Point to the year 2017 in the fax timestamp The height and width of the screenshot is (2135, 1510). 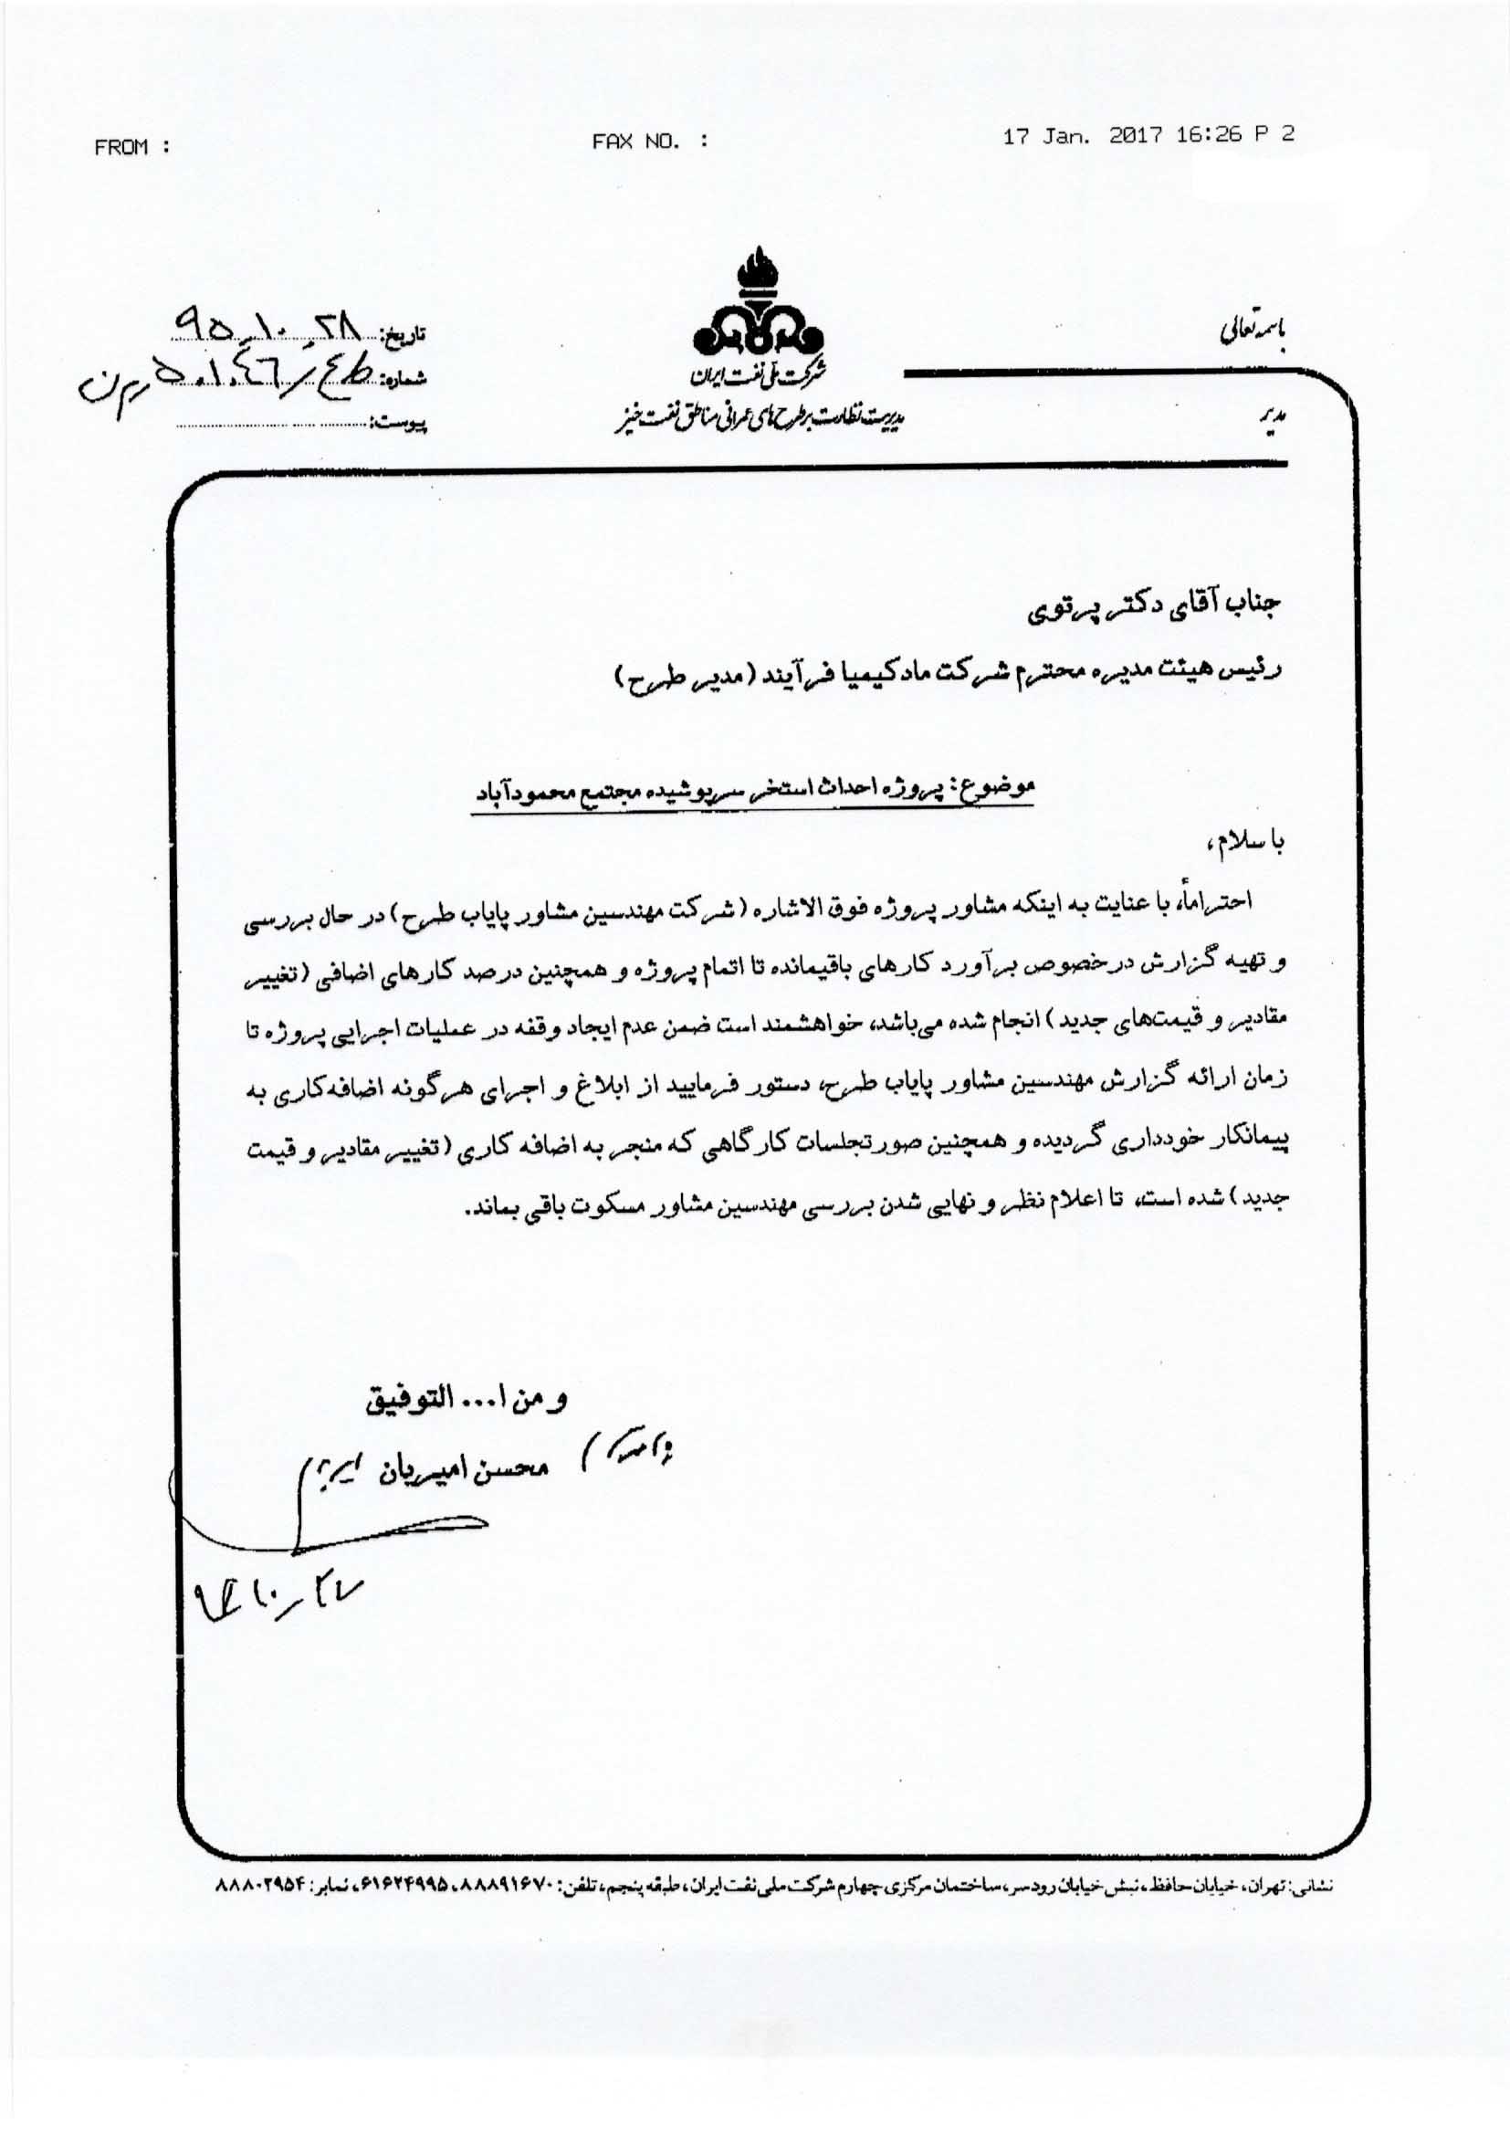1136,135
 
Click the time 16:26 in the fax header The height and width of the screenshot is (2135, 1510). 1209,135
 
